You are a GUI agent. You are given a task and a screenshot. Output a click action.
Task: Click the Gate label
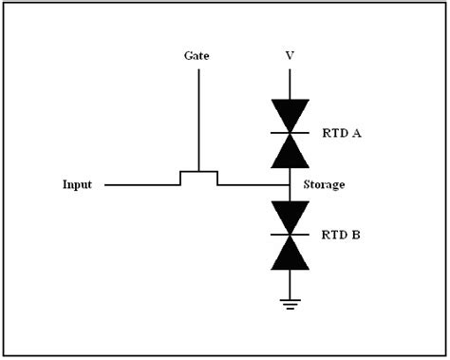click(197, 56)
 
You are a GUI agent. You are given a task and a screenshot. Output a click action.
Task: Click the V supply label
click(289, 56)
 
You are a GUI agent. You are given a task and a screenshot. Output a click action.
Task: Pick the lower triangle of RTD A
click(289, 148)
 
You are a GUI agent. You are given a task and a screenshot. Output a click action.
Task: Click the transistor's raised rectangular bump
click(198, 175)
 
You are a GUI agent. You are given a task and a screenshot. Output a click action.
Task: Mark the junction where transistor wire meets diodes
click(289, 184)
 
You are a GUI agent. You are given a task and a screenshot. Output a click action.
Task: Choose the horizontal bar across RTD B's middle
click(289, 233)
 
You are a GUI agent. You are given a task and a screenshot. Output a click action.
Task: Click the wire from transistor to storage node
click(252, 184)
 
